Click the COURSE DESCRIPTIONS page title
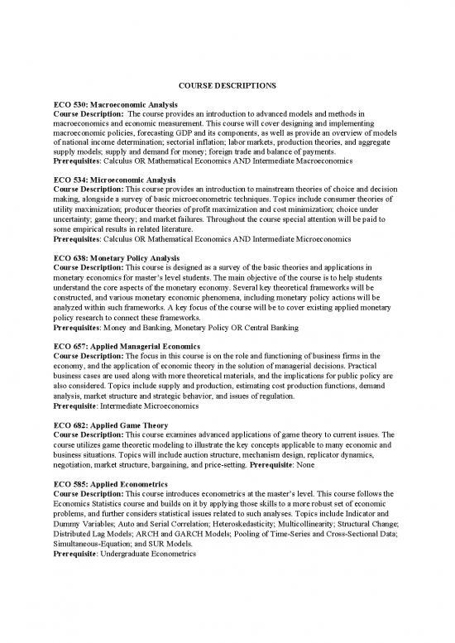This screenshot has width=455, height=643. coord(227,84)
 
